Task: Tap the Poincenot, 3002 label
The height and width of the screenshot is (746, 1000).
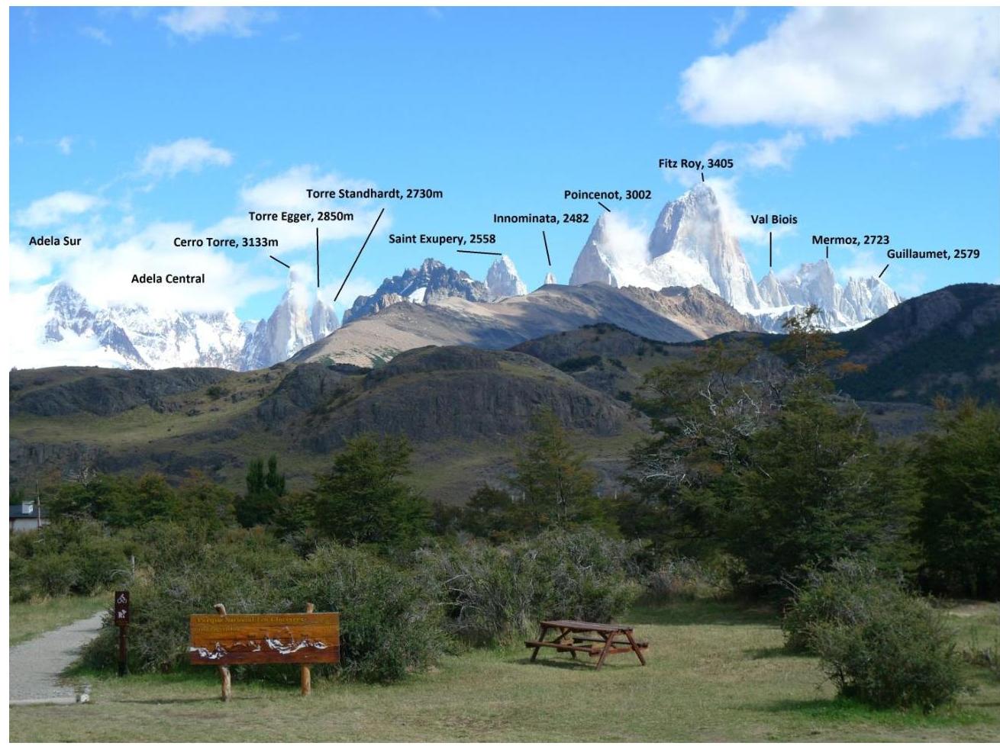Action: click(x=608, y=195)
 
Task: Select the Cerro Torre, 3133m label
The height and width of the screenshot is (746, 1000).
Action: click(x=226, y=243)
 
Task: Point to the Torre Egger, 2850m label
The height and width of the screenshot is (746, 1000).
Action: click(x=301, y=216)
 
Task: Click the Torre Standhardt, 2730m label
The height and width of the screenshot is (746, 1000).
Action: click(x=374, y=194)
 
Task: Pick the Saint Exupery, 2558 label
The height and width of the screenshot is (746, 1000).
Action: click(x=442, y=239)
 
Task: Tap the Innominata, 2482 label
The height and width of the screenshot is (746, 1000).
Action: click(x=540, y=218)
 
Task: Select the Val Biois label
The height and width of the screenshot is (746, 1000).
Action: click(x=773, y=219)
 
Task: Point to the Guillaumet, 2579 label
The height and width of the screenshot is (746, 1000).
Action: click(x=932, y=254)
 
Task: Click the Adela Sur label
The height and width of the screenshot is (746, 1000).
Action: click(x=55, y=241)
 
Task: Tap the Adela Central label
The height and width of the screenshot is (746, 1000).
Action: click(x=168, y=278)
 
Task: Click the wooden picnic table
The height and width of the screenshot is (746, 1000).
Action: click(x=586, y=641)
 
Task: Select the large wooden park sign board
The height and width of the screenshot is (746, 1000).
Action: click(x=264, y=638)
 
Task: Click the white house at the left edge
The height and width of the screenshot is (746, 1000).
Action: click(x=27, y=516)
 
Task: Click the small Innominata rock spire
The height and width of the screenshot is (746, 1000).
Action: click(x=550, y=278)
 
